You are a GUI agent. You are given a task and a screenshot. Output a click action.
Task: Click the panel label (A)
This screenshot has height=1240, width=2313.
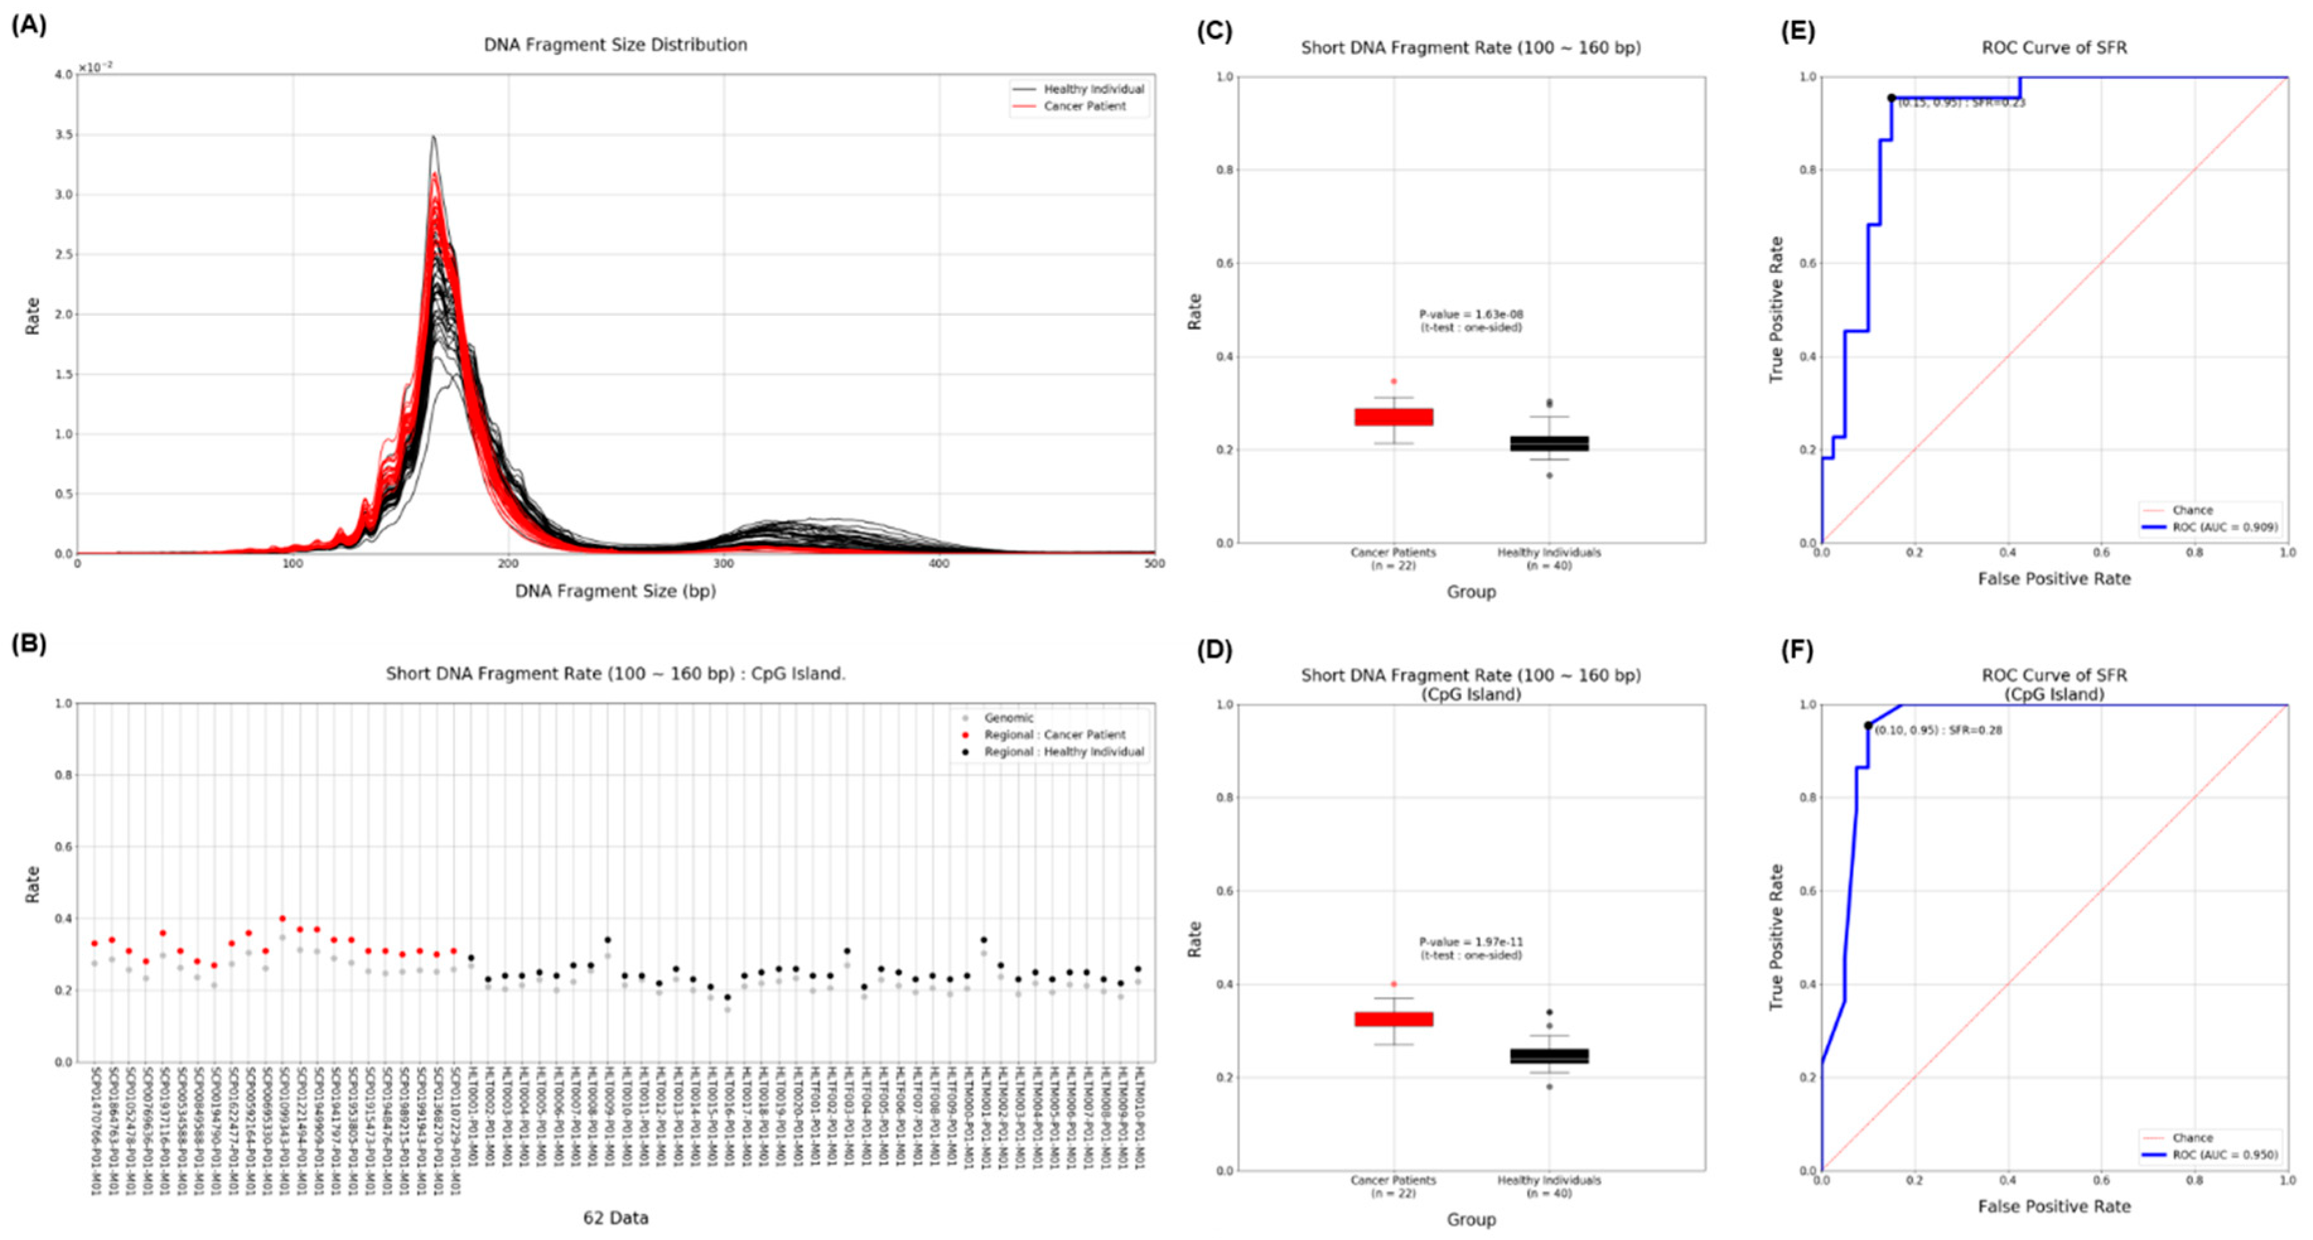click(29, 25)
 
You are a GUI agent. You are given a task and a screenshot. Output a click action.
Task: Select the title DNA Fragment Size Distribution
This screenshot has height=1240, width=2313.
click(615, 45)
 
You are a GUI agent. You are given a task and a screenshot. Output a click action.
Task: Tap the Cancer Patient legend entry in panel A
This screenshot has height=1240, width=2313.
click(1084, 106)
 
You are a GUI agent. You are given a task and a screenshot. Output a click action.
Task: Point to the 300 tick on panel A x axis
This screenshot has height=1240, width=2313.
click(724, 564)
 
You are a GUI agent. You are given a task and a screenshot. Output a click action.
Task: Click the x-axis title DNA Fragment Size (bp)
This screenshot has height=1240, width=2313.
click(615, 592)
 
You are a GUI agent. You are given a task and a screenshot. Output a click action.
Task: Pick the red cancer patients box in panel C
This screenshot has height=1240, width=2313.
click(1394, 417)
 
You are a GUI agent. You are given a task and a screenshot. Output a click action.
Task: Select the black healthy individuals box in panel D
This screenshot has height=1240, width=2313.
click(1549, 1056)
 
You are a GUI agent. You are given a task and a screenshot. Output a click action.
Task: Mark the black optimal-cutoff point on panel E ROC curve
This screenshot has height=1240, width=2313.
click(1891, 98)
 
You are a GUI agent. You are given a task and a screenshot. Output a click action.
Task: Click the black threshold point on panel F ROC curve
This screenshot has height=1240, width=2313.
click(1868, 726)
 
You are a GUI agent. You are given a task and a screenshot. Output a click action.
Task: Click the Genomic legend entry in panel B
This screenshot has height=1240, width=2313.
click(1008, 718)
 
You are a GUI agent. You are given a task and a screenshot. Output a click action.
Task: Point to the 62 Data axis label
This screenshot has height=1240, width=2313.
click(615, 1219)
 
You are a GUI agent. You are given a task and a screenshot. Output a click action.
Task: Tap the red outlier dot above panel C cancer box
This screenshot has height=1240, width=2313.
click(1394, 381)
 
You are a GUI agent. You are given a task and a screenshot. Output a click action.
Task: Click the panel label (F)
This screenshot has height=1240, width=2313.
click(1797, 649)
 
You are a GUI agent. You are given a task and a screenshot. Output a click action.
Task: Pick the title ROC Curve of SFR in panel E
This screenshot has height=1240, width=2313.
click(2053, 47)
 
